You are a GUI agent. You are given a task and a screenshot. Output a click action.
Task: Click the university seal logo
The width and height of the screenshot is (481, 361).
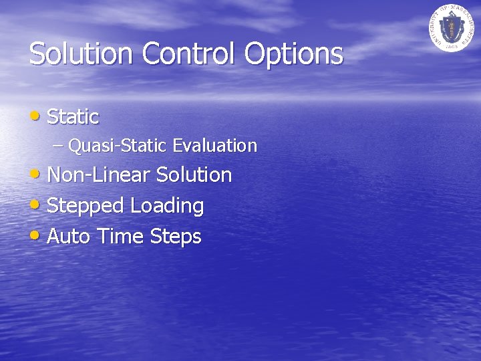pos(450,27)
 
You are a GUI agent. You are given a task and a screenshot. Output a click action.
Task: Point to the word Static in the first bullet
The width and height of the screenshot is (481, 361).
pos(73,117)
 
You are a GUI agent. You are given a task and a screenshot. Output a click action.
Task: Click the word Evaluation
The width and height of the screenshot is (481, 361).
pos(214,145)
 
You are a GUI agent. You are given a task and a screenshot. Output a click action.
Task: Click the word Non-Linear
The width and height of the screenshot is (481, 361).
pos(99,175)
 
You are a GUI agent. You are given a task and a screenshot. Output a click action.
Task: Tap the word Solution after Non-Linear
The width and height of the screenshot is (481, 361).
pos(194,175)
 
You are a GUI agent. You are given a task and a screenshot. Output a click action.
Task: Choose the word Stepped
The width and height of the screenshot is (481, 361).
pos(86,207)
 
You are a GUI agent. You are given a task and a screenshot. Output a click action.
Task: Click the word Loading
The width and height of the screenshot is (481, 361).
pos(167,207)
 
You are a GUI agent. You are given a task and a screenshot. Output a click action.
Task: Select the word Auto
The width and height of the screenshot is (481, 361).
pos(69,237)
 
